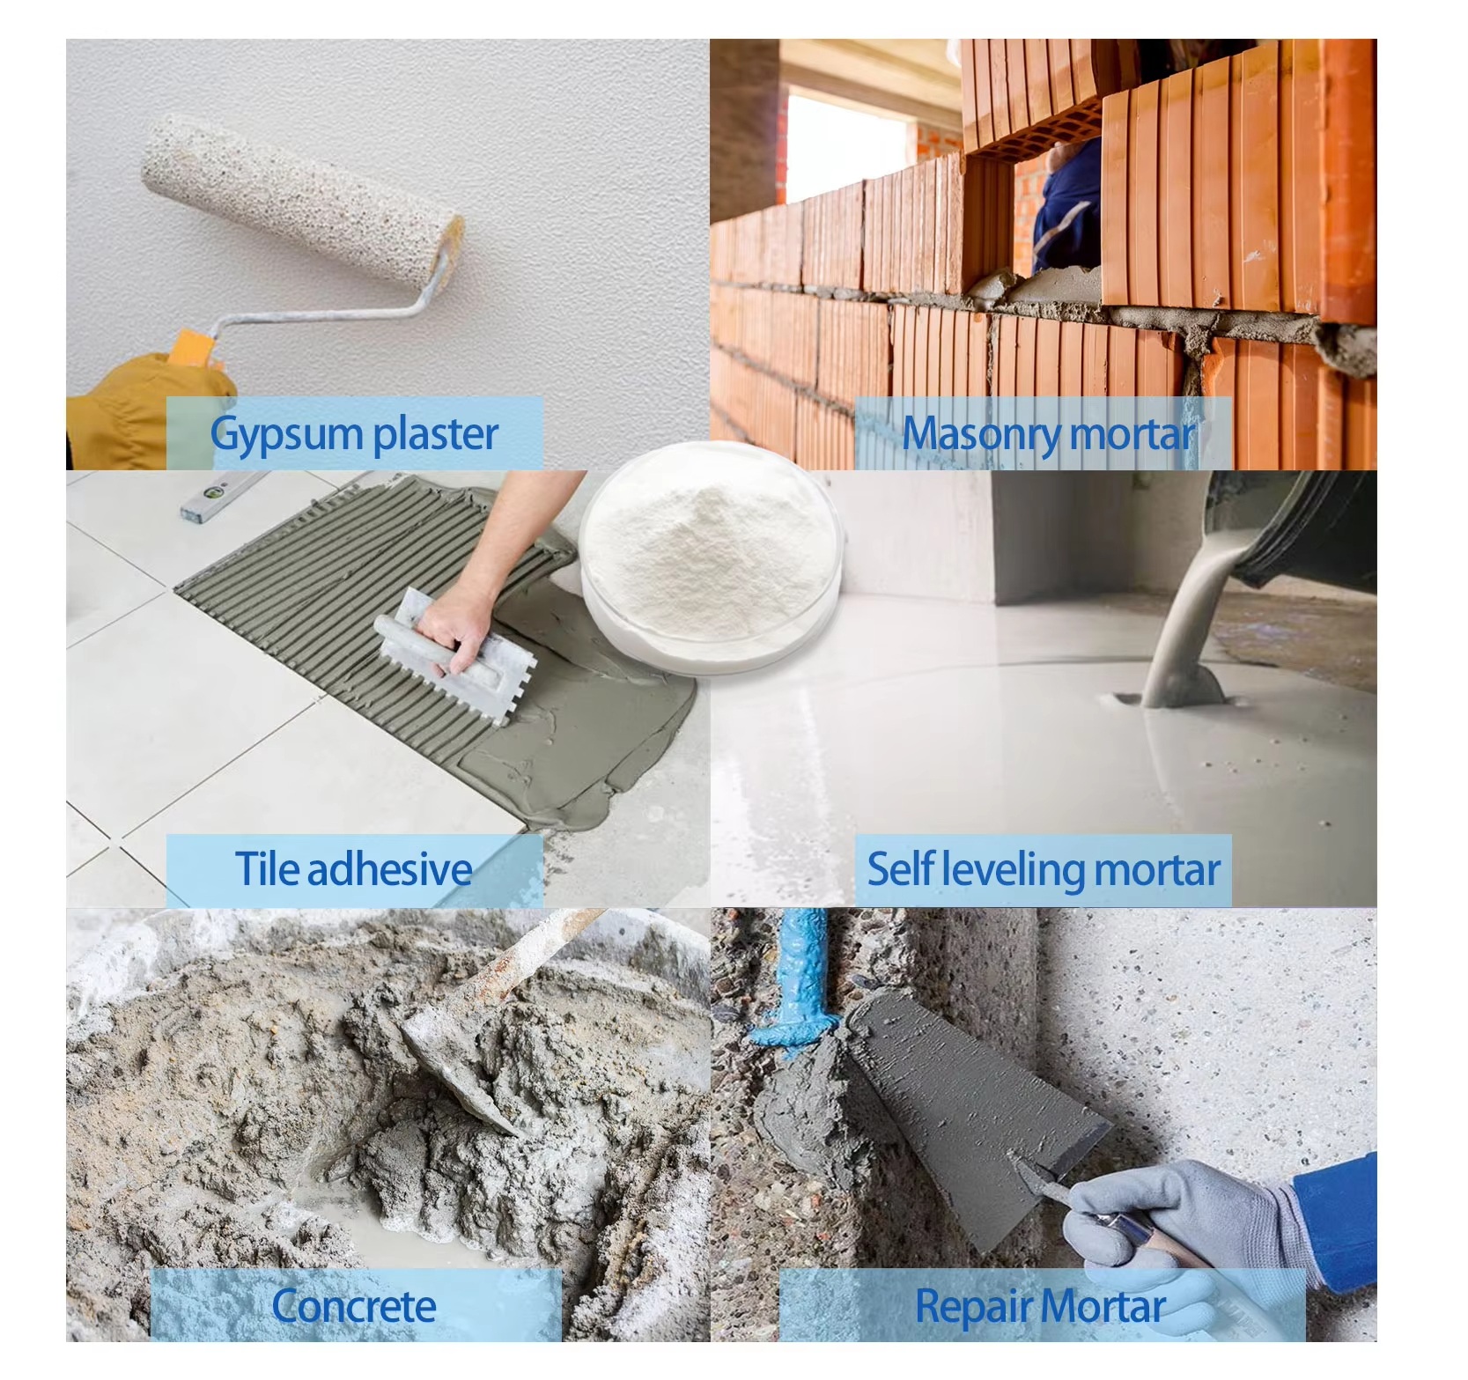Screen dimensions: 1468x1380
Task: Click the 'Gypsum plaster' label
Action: pyautogui.click(x=354, y=433)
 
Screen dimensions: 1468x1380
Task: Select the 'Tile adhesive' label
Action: pyautogui.click(x=354, y=868)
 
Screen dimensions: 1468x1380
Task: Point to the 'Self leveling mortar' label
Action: pyautogui.click(x=1044, y=869)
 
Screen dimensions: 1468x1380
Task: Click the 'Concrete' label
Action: pyautogui.click(x=354, y=1305)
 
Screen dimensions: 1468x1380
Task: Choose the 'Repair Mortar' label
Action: pyautogui.click(x=1041, y=1305)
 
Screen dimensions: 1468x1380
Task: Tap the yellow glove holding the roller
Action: pyautogui.click(x=150, y=410)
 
